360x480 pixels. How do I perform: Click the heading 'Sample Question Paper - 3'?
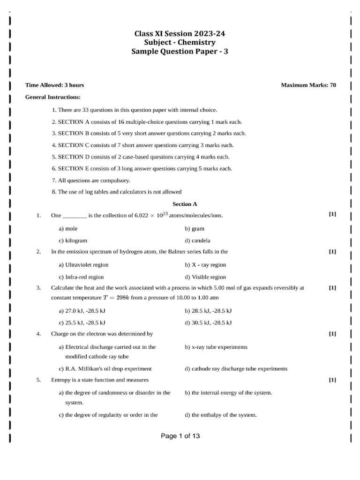pyautogui.click(x=180, y=52)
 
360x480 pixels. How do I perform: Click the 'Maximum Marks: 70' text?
pyautogui.click(x=308, y=85)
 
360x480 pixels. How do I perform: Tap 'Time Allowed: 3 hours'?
pyautogui.click(x=54, y=85)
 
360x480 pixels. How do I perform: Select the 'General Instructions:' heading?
pyautogui.click(x=52, y=97)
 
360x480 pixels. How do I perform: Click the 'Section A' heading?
pyautogui.click(x=185, y=204)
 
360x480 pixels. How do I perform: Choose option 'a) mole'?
pyautogui.click(x=68, y=229)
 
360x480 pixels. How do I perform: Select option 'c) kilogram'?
pyautogui.click(x=73, y=240)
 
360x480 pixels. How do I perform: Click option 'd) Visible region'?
pyautogui.click(x=205, y=277)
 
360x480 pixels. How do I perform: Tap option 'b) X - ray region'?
pyautogui.click(x=205, y=265)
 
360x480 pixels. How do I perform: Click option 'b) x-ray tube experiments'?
pyautogui.click(x=216, y=347)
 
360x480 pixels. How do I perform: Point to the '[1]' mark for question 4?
pyautogui.click(x=332, y=334)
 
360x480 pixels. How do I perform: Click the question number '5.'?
pyautogui.click(x=39, y=380)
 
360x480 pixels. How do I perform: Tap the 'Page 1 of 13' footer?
pyautogui.click(x=180, y=436)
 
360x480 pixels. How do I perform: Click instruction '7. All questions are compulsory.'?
pyautogui.click(x=91, y=180)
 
